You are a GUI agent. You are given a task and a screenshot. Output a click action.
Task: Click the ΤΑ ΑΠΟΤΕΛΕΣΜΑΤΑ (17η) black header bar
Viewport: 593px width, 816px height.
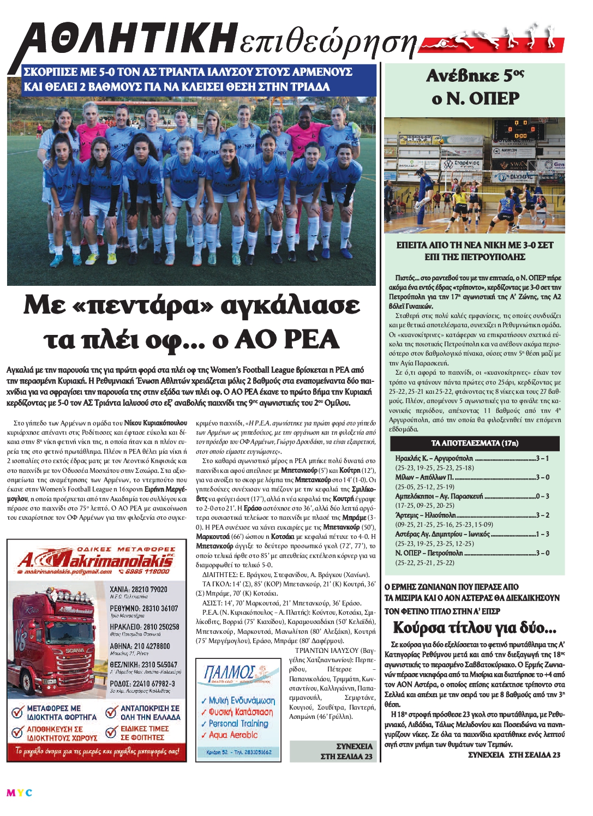click(475, 443)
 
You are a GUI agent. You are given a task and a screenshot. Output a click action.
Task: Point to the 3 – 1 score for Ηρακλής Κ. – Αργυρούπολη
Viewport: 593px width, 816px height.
click(542, 458)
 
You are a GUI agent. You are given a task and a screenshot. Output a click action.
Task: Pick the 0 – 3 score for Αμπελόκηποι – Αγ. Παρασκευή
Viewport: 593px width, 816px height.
click(542, 496)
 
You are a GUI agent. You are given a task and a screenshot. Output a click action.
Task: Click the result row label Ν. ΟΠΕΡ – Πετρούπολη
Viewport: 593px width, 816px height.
click(429, 553)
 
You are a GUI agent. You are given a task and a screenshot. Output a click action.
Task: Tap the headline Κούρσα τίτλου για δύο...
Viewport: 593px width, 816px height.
click(475, 628)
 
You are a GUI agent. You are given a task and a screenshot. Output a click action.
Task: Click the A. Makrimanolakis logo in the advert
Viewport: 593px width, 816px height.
click(95, 559)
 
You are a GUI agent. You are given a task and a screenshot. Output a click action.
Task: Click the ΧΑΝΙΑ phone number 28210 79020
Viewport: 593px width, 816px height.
click(139, 590)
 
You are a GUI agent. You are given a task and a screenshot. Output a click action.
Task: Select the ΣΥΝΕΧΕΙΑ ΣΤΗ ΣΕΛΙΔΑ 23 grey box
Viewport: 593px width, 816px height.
click(332, 751)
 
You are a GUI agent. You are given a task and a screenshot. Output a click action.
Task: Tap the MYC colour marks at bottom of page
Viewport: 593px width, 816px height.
click(19, 793)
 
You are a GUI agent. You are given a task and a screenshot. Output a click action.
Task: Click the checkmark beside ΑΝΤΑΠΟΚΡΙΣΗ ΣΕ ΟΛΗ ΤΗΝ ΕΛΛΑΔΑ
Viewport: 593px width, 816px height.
click(111, 711)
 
